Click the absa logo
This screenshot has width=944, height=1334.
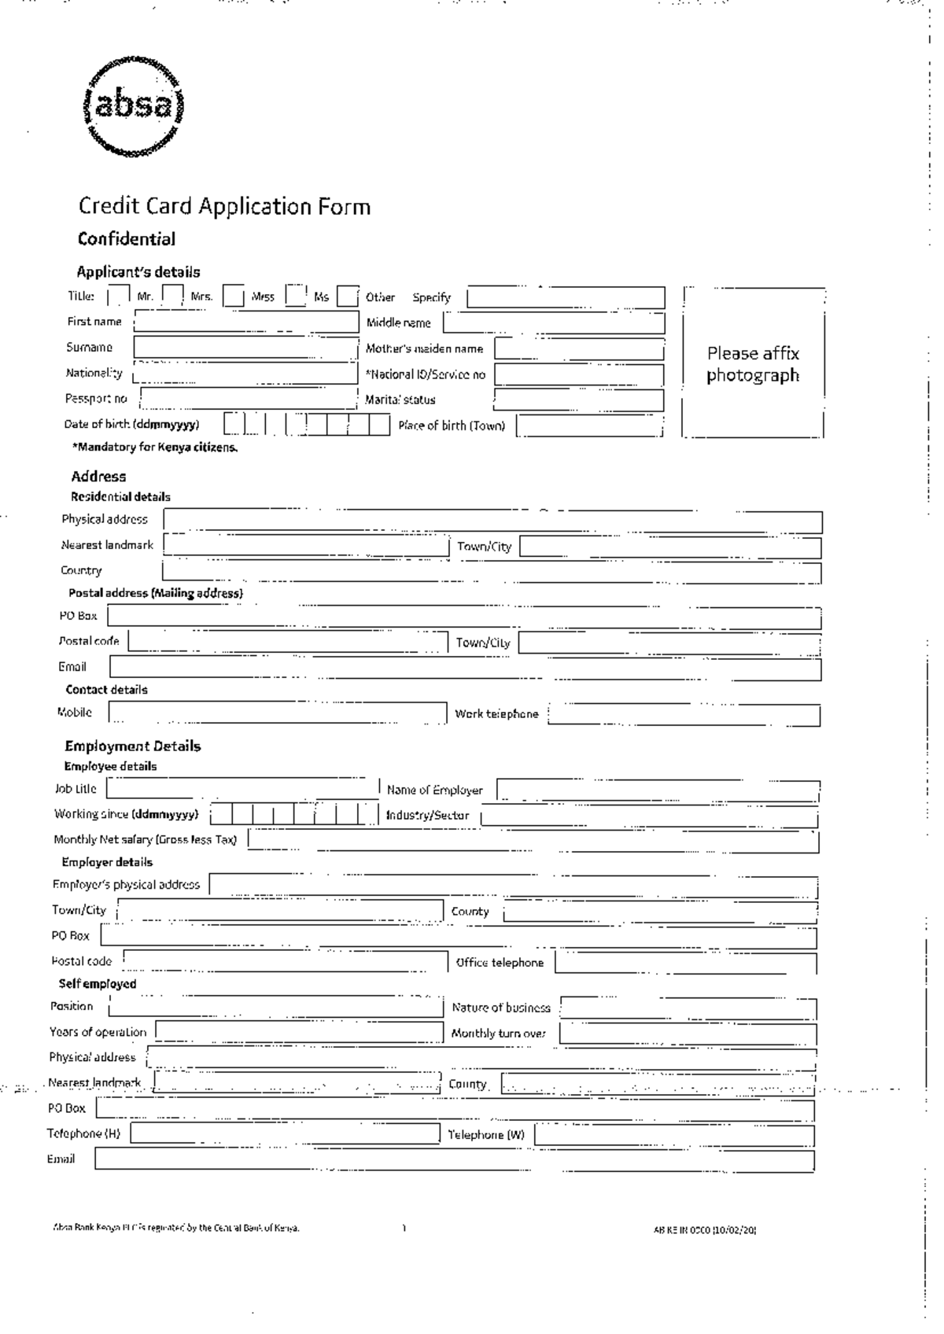(x=135, y=107)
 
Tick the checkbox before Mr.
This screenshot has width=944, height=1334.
(x=118, y=297)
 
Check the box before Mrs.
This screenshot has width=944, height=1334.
(x=173, y=296)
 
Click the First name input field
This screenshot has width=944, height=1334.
(x=246, y=322)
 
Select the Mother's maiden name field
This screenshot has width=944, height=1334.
(x=579, y=348)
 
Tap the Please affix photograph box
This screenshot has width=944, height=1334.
(x=753, y=363)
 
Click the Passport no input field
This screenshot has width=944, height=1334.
(x=249, y=399)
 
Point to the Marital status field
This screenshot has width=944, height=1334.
(x=579, y=400)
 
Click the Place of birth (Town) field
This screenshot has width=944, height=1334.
(x=589, y=426)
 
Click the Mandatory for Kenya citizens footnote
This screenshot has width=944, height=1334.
(x=155, y=448)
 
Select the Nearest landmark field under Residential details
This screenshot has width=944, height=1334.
(x=306, y=545)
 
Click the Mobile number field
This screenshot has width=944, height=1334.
(x=278, y=713)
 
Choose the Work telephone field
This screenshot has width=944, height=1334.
(x=684, y=714)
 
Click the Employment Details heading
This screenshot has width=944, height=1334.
(x=133, y=746)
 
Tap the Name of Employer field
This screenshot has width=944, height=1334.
(x=658, y=790)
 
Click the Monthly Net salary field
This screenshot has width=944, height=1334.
(x=533, y=840)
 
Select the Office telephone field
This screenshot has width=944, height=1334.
(x=685, y=963)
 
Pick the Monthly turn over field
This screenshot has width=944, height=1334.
(x=688, y=1034)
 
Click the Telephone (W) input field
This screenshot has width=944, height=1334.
(x=674, y=1135)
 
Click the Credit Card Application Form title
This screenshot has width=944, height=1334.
(x=224, y=207)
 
